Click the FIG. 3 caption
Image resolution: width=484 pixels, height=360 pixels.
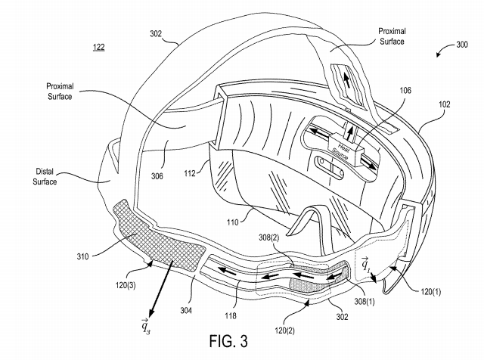tap(228, 342)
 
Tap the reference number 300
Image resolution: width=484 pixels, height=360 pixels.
tap(462, 45)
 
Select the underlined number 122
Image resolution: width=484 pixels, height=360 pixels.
tap(99, 47)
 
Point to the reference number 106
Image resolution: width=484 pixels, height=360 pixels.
tap(405, 90)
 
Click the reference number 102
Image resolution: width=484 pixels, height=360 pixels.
tap(445, 104)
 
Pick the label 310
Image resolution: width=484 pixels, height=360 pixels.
tap(82, 256)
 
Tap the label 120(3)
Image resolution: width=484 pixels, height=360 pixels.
tap(126, 285)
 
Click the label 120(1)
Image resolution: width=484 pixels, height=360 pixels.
tap(430, 291)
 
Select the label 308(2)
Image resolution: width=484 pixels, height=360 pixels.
tap(268, 237)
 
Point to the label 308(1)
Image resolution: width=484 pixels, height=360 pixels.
tap(365, 301)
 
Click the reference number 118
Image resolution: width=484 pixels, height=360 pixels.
tap(231, 315)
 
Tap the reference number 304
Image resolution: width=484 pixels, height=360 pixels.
tap(186, 310)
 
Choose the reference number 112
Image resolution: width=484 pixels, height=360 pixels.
tap(190, 173)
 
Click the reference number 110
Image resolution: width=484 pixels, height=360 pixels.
tap(232, 222)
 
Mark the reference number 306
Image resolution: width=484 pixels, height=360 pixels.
tap(157, 176)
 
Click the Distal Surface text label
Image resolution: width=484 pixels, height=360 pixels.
tap(45, 176)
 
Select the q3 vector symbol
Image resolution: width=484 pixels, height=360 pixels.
tap(145, 325)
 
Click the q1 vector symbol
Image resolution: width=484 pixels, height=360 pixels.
tap(365, 263)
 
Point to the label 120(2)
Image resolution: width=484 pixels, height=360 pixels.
tap(284, 331)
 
